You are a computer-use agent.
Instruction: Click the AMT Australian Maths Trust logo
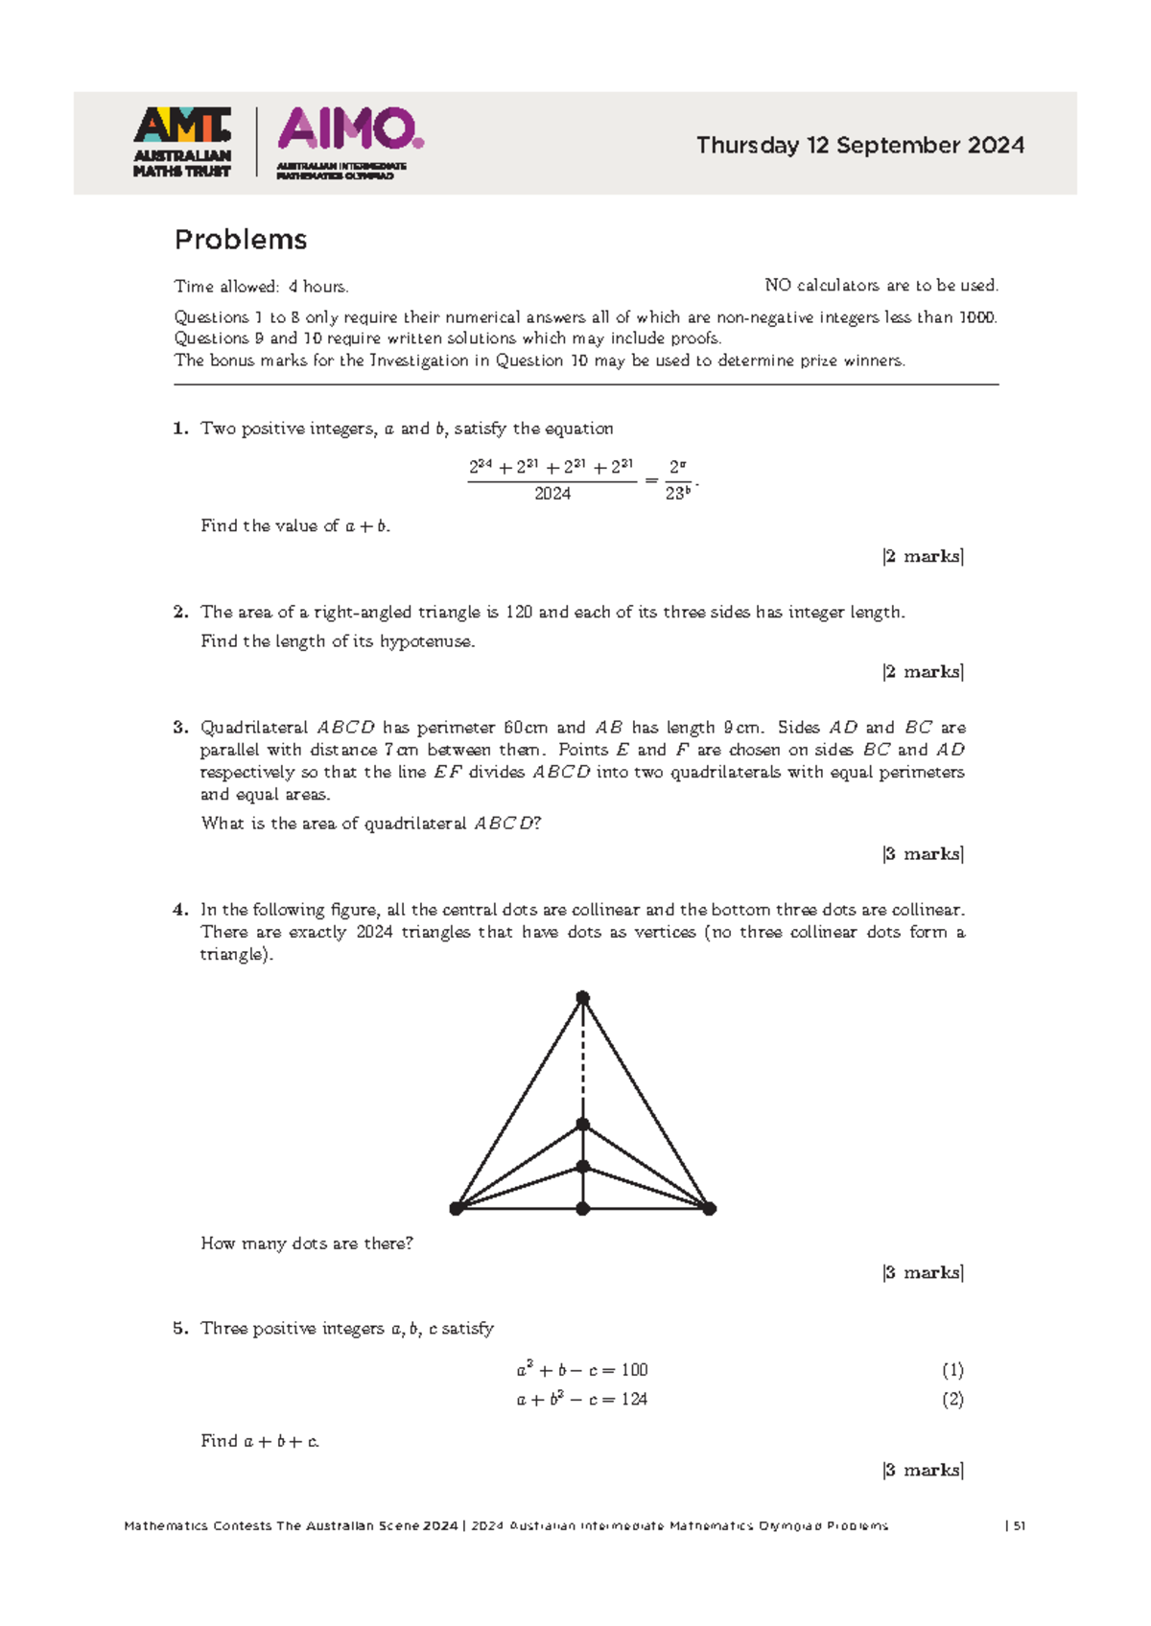click(181, 142)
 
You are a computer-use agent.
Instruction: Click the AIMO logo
click(350, 142)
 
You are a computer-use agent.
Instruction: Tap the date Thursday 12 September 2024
click(859, 146)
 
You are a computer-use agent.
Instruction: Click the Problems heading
click(241, 240)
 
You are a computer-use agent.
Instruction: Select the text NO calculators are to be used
click(881, 286)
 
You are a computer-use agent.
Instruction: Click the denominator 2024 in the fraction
click(552, 494)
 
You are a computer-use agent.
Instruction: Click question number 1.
click(179, 429)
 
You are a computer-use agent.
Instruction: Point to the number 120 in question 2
click(519, 612)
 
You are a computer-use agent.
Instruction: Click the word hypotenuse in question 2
click(427, 641)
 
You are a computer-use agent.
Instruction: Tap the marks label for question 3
click(923, 853)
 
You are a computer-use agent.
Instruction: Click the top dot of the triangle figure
click(582, 998)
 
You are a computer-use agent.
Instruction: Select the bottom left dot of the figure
click(457, 1209)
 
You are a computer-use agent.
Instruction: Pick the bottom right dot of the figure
click(709, 1209)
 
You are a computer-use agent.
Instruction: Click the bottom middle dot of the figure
click(582, 1209)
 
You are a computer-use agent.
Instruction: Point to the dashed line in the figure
click(582, 1059)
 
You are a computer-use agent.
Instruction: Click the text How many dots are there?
click(307, 1243)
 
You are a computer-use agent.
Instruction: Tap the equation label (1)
click(951, 1370)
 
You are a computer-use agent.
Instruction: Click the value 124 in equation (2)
click(634, 1400)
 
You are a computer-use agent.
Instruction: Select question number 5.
click(179, 1329)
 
